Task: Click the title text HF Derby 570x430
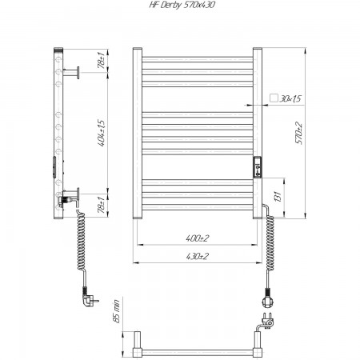coord(182,5)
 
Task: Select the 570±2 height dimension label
coord(299,134)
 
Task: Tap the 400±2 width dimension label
coord(198,238)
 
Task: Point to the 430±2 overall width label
coord(198,257)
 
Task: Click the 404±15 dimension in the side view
coord(102,133)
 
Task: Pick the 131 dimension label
coord(278,197)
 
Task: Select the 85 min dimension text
coord(117,311)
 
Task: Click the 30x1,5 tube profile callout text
coord(290,98)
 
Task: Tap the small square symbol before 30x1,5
coord(274,98)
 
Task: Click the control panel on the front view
coord(258,167)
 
